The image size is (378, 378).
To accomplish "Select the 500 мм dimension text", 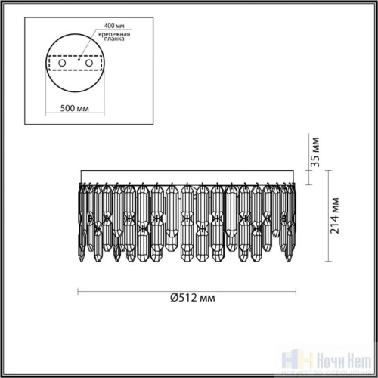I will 74,107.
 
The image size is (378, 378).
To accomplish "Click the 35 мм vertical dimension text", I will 317,152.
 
